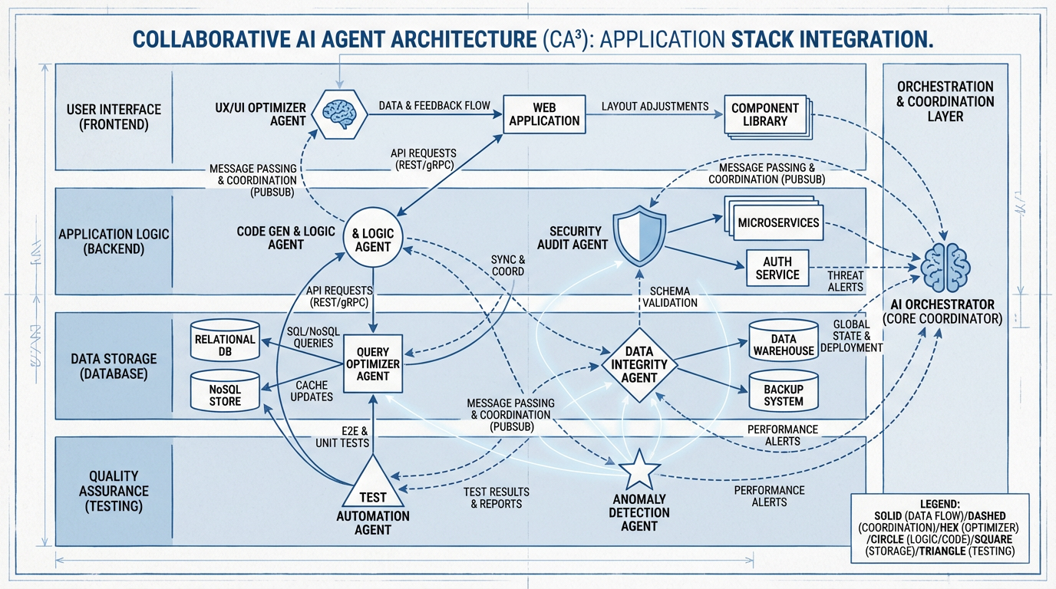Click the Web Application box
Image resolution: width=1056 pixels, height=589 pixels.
(x=544, y=114)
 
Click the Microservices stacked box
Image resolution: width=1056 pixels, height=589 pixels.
(x=777, y=223)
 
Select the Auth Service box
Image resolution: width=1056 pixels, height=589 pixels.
(x=777, y=268)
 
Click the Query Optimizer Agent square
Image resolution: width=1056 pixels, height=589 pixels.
(x=372, y=364)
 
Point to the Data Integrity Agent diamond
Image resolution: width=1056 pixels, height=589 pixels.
(x=639, y=364)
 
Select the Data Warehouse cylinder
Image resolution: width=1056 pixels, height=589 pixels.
(x=783, y=344)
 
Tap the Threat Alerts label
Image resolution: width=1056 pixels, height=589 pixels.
(x=845, y=281)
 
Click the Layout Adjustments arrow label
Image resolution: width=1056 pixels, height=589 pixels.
(x=655, y=106)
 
